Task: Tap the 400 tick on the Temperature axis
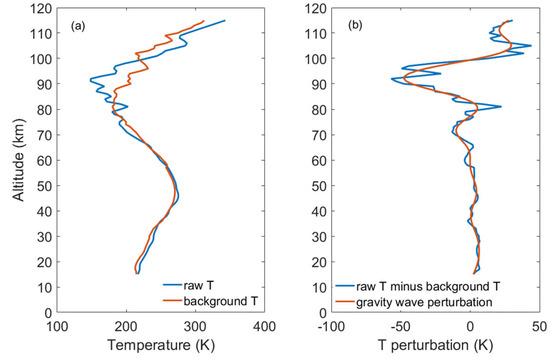(264, 325)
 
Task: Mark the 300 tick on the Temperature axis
(195, 325)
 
